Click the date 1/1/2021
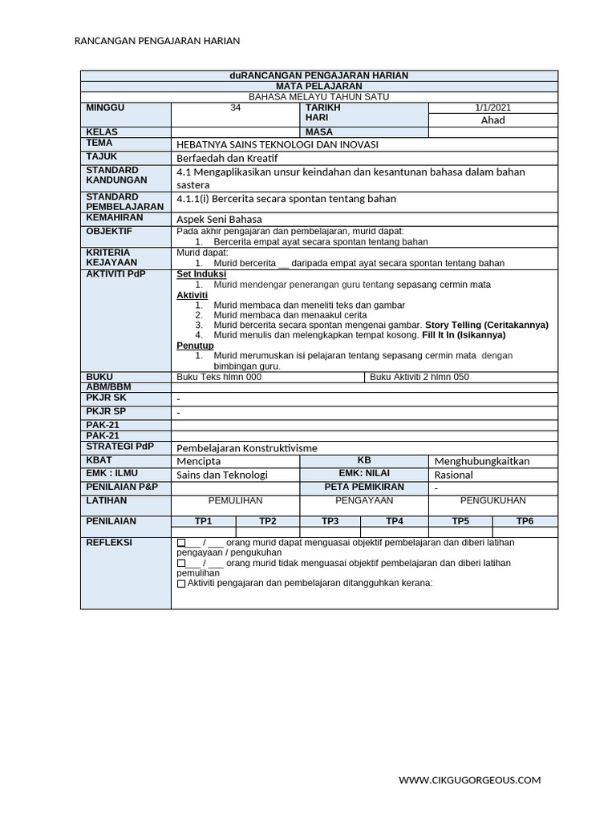(x=492, y=108)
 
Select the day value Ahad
(x=492, y=120)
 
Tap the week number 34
(x=235, y=108)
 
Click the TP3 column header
(x=330, y=521)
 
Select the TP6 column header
(x=525, y=521)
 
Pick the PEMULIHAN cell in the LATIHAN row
(x=235, y=500)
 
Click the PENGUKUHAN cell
(x=492, y=500)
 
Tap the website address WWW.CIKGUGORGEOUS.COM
(x=470, y=779)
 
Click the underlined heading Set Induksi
(x=201, y=274)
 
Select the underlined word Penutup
(x=195, y=346)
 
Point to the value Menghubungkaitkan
(x=481, y=461)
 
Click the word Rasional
(x=453, y=475)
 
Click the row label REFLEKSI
(x=109, y=543)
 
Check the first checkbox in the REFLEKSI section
(x=180, y=544)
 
